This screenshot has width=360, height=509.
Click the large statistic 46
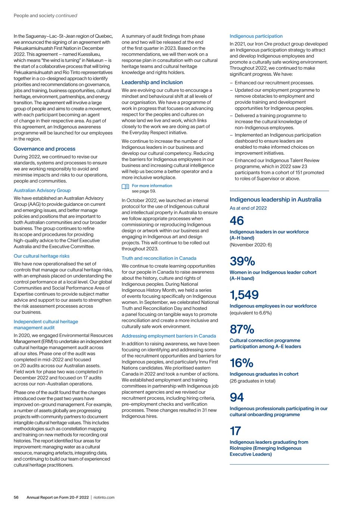coord(237,221)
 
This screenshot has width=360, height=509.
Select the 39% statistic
coord(242,261)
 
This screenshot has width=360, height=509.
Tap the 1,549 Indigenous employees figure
coord(244,295)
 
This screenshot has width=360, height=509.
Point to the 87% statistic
coord(242,329)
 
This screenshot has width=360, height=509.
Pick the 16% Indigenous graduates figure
coord(241,363)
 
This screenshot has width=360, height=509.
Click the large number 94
coord(237,397)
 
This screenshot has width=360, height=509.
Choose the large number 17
coord(235,431)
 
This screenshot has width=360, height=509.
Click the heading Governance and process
coord(44,149)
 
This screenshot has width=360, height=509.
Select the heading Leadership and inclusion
coord(152,82)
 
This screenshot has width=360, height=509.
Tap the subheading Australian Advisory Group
coord(42,191)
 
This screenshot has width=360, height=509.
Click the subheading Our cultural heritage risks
coord(41,256)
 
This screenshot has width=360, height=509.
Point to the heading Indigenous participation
coord(256,36)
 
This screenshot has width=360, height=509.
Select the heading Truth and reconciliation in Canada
coord(159,258)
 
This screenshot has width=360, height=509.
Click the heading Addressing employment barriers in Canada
coord(169,336)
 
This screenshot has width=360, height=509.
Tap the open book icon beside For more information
coord(125,186)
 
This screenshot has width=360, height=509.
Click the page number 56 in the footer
coord(16,497)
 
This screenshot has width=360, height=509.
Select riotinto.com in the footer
coord(104,497)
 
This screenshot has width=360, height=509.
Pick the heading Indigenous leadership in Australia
coord(275,199)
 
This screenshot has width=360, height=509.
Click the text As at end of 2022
coord(248,208)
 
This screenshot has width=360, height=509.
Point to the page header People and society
coord(34,16)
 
